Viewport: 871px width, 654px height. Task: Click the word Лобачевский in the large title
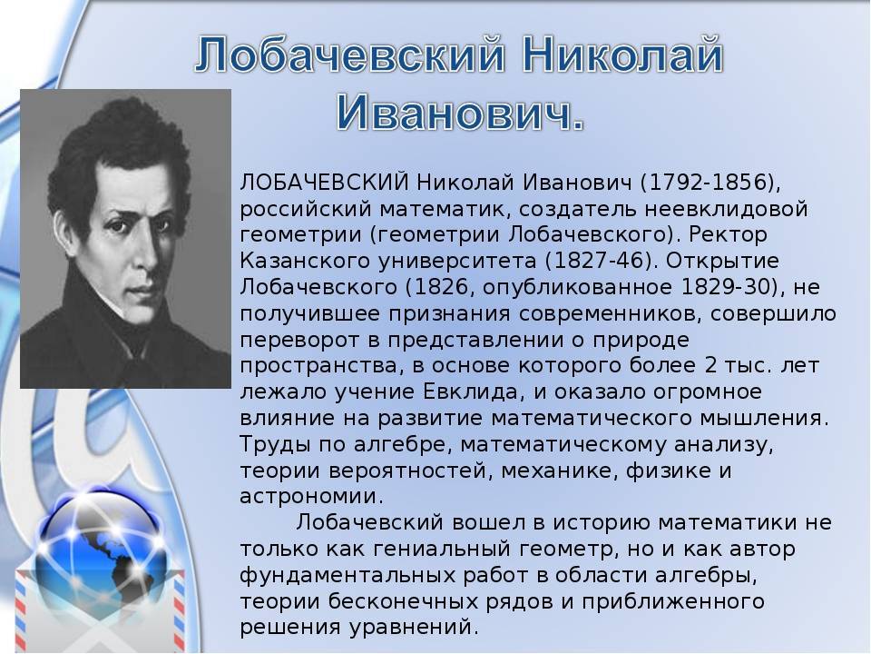(x=349, y=55)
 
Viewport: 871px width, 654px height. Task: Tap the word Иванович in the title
(x=459, y=114)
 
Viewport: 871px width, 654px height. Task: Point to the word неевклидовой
(x=726, y=209)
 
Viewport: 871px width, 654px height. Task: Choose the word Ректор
(x=728, y=234)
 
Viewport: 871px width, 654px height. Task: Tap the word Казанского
(x=305, y=261)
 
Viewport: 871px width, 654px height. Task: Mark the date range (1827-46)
(x=601, y=261)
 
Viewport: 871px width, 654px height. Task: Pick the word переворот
(x=298, y=340)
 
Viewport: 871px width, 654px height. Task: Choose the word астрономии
(x=311, y=496)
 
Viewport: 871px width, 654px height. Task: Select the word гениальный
(x=442, y=549)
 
